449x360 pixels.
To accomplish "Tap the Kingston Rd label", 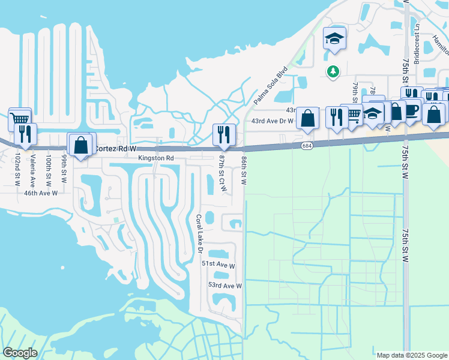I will click(x=155, y=158).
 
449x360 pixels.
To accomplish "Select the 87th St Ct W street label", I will click(x=222, y=173).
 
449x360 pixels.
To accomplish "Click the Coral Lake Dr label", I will click(x=199, y=234).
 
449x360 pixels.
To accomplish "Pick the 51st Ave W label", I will click(x=218, y=264).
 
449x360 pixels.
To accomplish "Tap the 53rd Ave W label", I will click(x=224, y=286).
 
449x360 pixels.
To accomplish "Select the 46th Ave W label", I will click(x=40, y=193).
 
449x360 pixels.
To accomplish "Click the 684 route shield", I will click(x=307, y=146).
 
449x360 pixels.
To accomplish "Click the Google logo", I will click(x=19, y=353).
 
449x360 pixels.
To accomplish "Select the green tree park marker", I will click(x=333, y=71).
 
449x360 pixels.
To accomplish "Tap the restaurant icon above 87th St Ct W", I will click(x=221, y=134).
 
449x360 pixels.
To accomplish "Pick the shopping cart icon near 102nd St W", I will click(x=19, y=118).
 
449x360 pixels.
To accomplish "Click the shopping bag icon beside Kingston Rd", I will click(x=80, y=145).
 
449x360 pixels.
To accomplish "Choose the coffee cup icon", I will click(x=411, y=110).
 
